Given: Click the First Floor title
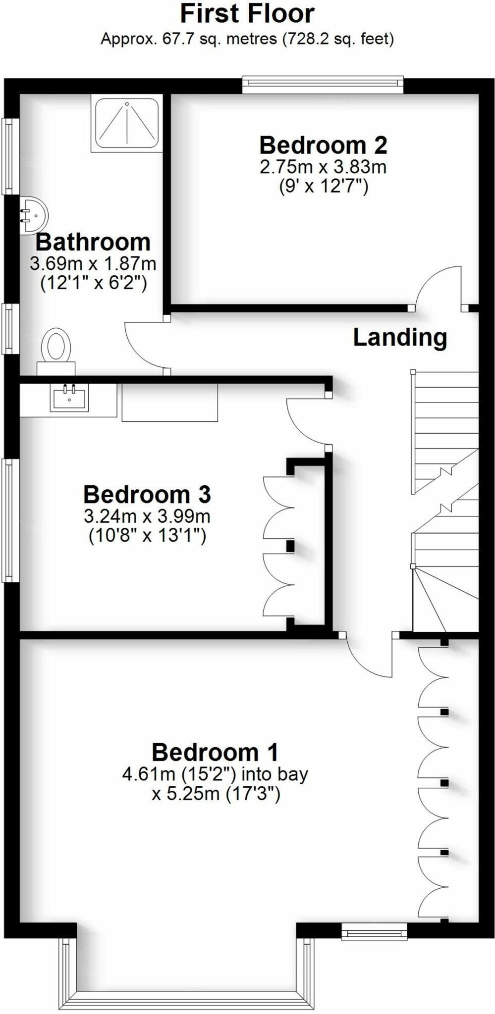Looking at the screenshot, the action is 247,14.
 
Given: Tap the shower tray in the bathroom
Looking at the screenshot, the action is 127,123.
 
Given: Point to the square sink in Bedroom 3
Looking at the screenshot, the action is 69,397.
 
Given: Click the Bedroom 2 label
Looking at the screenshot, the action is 323,145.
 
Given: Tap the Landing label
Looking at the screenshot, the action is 400,337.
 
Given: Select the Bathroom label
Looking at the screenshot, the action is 93,242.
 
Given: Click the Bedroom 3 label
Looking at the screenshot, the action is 147,494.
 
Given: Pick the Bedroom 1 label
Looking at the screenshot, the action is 215,752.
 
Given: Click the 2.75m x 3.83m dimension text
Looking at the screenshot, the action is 323,167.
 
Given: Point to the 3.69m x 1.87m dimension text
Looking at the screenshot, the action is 93,263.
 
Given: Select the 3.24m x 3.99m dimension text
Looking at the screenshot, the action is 147,516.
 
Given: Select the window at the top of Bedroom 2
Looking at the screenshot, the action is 323,84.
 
